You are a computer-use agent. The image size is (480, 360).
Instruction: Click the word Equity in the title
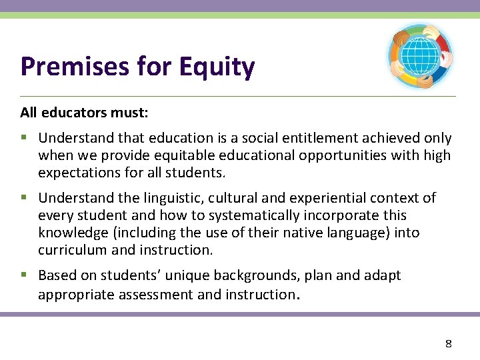221,67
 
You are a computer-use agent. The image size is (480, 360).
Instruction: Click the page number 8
448,344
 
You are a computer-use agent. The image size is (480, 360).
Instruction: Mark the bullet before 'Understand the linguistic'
24,198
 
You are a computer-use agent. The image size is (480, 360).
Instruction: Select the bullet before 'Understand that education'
24,138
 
